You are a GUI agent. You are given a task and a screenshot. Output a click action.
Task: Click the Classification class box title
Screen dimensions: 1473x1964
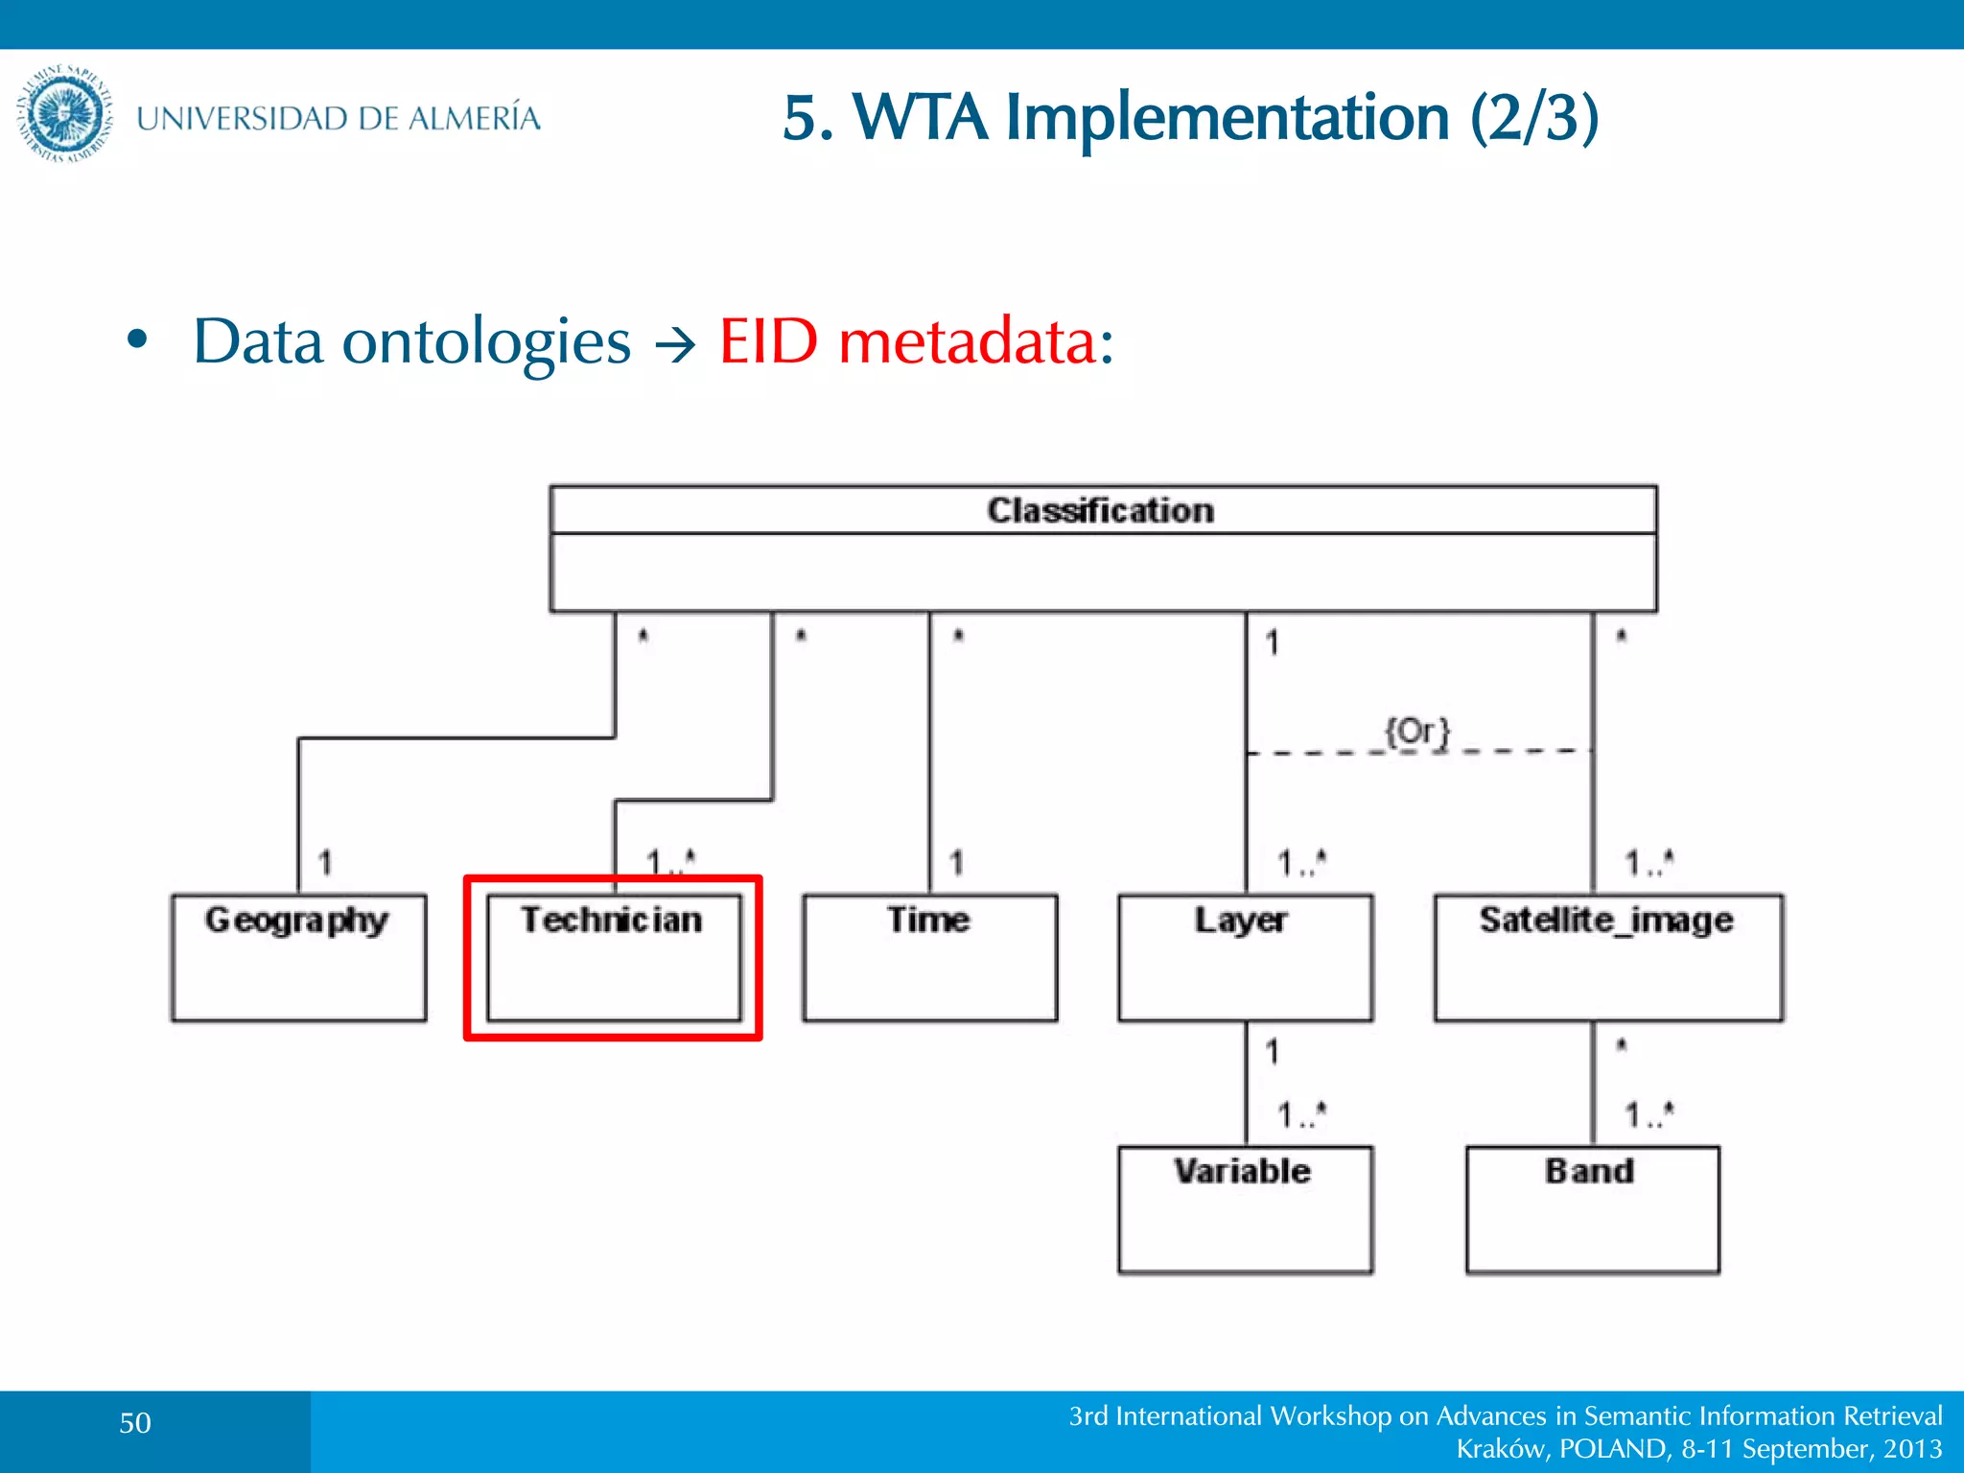point(1101,510)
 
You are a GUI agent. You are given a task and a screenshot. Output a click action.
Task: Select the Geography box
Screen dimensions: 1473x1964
point(298,957)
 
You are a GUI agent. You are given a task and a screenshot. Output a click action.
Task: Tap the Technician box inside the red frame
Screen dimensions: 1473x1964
point(614,957)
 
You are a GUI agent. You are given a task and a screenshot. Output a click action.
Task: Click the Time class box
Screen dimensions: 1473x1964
point(929,957)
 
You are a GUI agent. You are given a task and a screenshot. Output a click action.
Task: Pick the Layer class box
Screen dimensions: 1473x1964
point(1245,957)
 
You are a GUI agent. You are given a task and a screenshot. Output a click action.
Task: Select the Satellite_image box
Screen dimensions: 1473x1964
point(1608,957)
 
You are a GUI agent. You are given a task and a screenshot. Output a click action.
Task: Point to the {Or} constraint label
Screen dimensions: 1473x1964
point(1417,733)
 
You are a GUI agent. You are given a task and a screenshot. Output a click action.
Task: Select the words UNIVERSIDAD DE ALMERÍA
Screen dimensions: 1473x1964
point(339,119)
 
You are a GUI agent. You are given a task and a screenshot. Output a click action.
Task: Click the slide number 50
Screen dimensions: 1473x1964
point(135,1423)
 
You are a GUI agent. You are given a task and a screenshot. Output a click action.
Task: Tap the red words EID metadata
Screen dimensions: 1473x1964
point(916,341)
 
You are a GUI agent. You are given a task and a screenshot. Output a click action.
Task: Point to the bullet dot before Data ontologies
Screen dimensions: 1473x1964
point(138,339)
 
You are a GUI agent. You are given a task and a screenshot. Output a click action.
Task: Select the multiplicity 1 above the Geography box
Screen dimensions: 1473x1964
point(325,862)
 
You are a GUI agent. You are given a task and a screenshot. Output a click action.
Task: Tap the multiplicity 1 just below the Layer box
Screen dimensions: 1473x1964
point(1272,1052)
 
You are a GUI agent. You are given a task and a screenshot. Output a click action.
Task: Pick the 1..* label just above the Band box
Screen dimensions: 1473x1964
point(1648,1114)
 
